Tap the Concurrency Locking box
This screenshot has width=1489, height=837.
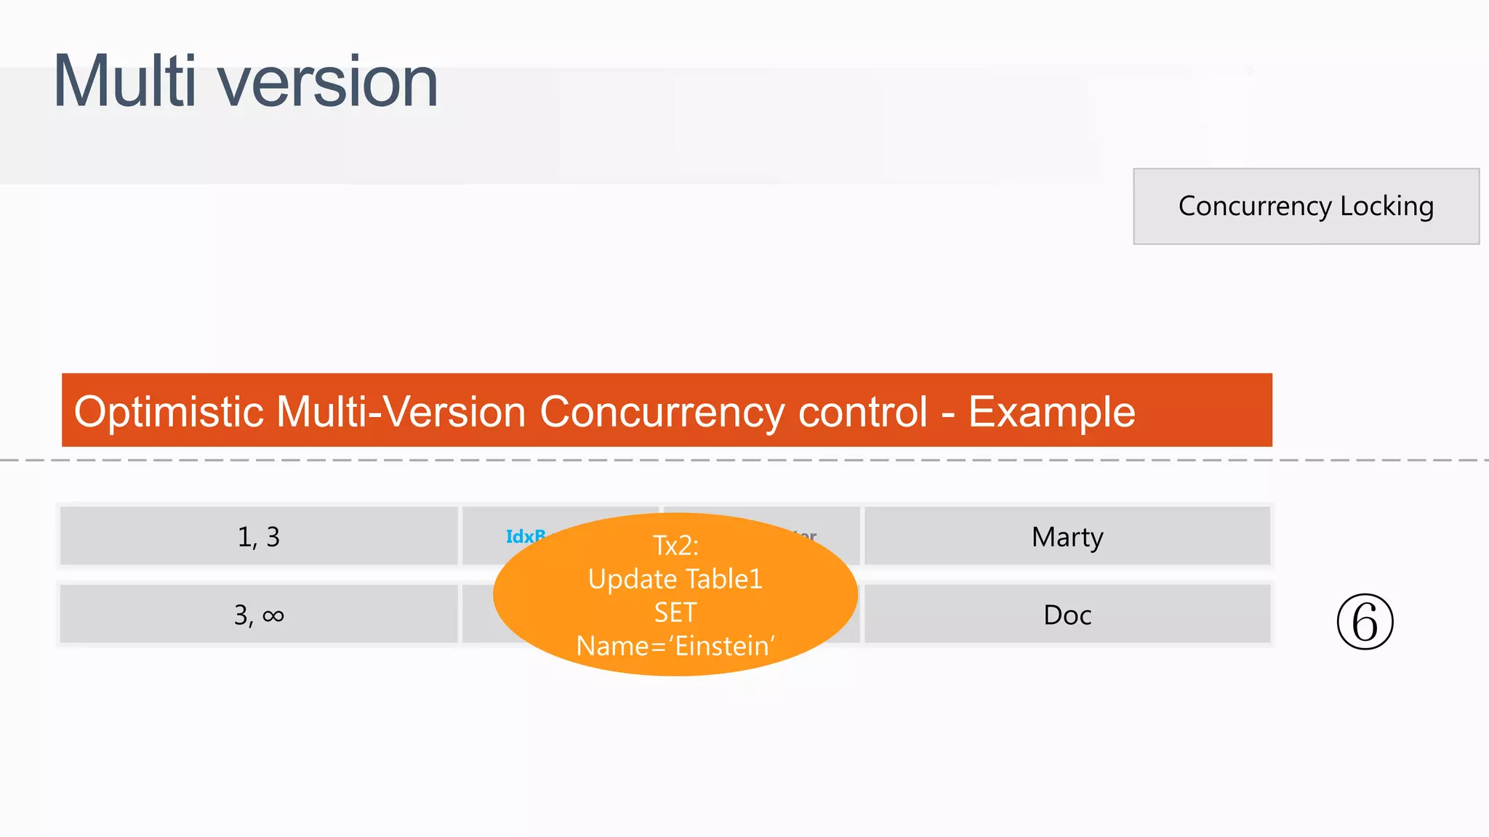point(1306,206)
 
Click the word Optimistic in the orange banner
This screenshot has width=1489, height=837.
point(169,412)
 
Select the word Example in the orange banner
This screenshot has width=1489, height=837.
point(1051,412)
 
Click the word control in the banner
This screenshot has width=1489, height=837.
point(863,412)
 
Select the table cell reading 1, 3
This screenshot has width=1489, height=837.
point(259,537)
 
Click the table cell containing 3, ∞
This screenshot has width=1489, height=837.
point(259,615)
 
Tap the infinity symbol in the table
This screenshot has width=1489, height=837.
point(273,616)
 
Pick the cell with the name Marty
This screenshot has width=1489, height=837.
point(1067,537)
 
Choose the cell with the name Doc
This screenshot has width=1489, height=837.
point(1067,615)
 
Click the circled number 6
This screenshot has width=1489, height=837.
point(1365,622)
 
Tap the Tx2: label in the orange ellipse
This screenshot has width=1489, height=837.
point(675,545)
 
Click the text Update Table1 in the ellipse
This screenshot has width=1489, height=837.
point(675,579)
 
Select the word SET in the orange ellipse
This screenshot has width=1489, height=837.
point(675,612)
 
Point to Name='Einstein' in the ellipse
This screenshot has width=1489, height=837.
point(675,646)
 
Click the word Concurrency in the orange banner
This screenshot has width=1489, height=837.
point(662,412)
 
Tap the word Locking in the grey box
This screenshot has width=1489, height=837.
point(1386,206)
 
